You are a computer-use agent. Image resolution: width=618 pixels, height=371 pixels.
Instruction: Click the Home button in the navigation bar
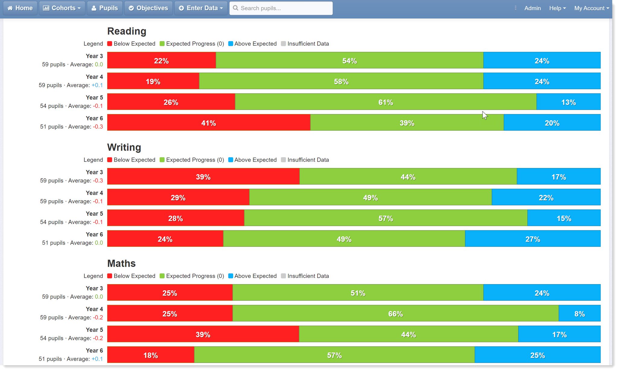[20, 8]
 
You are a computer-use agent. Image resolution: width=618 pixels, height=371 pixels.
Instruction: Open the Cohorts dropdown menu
[62, 8]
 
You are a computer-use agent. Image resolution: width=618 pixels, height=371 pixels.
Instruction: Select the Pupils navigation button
[105, 8]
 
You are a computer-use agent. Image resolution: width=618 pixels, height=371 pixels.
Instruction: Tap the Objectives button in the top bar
[148, 8]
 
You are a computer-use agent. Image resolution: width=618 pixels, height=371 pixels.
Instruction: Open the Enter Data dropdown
[201, 8]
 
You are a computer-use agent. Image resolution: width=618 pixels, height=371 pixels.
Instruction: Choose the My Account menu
[591, 8]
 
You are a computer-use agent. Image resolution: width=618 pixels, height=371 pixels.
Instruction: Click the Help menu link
[557, 8]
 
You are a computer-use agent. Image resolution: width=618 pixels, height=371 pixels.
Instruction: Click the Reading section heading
[127, 31]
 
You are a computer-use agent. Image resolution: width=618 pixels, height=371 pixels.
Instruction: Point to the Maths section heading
[121, 263]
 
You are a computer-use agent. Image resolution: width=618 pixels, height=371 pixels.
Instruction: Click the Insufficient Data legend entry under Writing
[305, 160]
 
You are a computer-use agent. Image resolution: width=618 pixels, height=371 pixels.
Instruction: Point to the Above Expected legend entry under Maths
[252, 276]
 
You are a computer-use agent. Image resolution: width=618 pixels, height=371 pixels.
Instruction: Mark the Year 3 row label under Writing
[94, 172]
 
